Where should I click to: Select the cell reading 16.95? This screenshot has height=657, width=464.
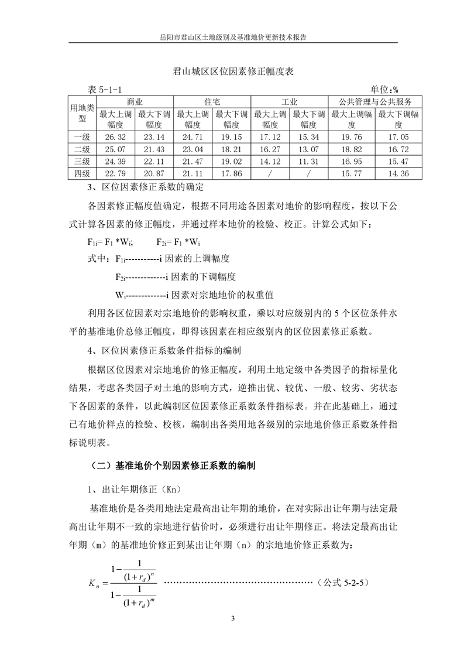coord(350,161)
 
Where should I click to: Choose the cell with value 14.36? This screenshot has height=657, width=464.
coord(398,173)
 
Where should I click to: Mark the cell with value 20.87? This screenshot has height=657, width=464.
coord(154,173)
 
